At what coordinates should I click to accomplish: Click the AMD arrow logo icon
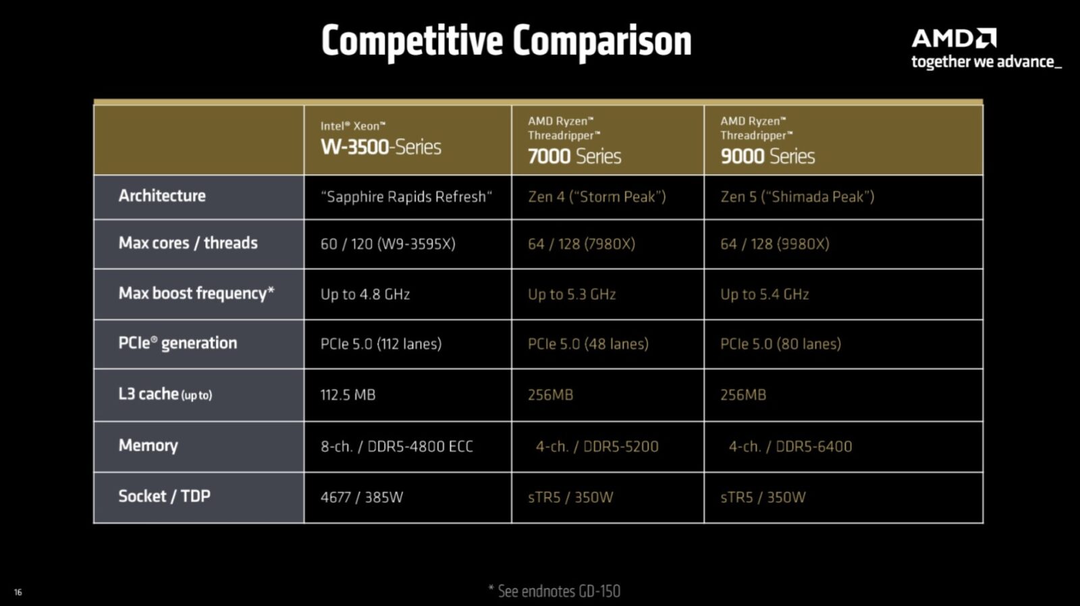pyautogui.click(x=986, y=38)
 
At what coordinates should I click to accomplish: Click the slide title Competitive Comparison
pyautogui.click(x=506, y=42)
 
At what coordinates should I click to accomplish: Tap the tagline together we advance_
pyautogui.click(x=986, y=62)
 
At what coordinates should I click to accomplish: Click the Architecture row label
pyautogui.click(x=162, y=196)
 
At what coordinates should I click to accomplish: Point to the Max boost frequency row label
pyautogui.click(x=196, y=293)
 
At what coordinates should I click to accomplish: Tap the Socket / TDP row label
pyautogui.click(x=165, y=496)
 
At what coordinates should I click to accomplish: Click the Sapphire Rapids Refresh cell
pyautogui.click(x=406, y=196)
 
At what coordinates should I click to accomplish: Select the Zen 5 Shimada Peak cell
pyautogui.click(x=797, y=196)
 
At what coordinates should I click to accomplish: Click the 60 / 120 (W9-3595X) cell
pyautogui.click(x=388, y=244)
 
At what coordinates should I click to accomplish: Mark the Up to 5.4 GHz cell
pyautogui.click(x=765, y=294)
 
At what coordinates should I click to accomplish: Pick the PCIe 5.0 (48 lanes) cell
pyautogui.click(x=588, y=343)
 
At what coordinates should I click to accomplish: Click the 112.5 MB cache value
pyautogui.click(x=348, y=395)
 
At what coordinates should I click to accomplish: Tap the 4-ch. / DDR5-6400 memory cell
pyautogui.click(x=790, y=447)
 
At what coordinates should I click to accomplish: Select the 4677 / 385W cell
pyautogui.click(x=362, y=497)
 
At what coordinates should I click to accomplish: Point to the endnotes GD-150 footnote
pyautogui.click(x=554, y=591)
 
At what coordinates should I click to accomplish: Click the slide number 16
pyautogui.click(x=18, y=592)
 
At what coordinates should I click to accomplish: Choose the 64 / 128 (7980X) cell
pyautogui.click(x=581, y=244)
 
